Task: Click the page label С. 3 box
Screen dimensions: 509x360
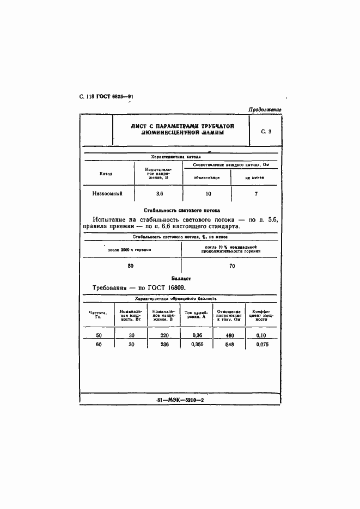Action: (x=266, y=131)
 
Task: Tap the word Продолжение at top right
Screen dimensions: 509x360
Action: (x=265, y=109)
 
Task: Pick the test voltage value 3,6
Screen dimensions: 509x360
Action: (x=159, y=193)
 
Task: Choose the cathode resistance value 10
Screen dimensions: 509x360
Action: (x=207, y=193)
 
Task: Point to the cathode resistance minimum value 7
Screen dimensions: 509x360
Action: (x=256, y=193)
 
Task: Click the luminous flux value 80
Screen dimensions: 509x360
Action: (x=130, y=266)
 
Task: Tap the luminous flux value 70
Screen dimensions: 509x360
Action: (x=232, y=266)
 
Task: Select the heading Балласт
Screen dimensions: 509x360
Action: (x=179, y=277)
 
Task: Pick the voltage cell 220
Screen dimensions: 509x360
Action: (x=164, y=335)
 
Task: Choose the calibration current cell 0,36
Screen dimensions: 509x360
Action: (x=197, y=335)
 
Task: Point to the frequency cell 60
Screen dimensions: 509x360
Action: (x=99, y=345)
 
